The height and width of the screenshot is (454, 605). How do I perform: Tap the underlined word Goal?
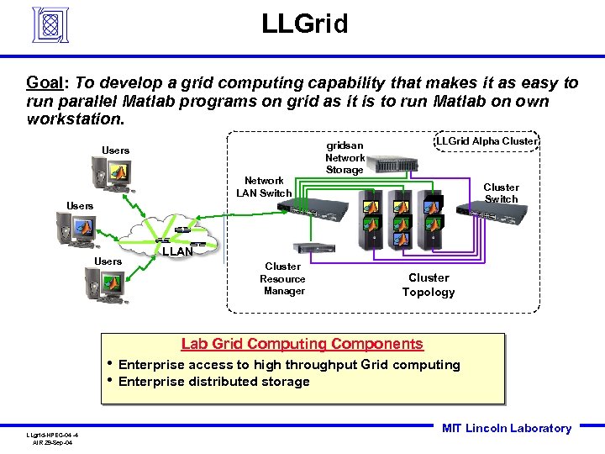pyautogui.click(x=47, y=83)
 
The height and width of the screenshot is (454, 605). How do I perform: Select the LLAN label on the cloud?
pyautogui.click(x=177, y=251)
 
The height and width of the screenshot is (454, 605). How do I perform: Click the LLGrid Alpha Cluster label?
pyautogui.click(x=486, y=141)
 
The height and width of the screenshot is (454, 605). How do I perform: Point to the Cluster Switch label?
pyautogui.click(x=501, y=193)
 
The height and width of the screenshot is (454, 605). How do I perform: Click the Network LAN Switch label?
pyautogui.click(x=264, y=187)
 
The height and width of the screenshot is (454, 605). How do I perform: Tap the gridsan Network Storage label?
pyautogui.click(x=345, y=158)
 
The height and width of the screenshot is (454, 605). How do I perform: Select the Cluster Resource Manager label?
pyautogui.click(x=283, y=278)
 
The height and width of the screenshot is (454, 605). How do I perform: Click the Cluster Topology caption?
pyautogui.click(x=429, y=285)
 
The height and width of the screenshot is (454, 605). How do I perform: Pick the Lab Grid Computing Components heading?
pyautogui.click(x=302, y=344)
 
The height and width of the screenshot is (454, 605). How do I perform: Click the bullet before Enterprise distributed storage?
pyautogui.click(x=111, y=381)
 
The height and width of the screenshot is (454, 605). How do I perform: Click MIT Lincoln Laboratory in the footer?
pyautogui.click(x=506, y=429)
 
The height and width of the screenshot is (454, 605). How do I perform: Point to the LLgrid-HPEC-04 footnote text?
pyautogui.click(x=51, y=435)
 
